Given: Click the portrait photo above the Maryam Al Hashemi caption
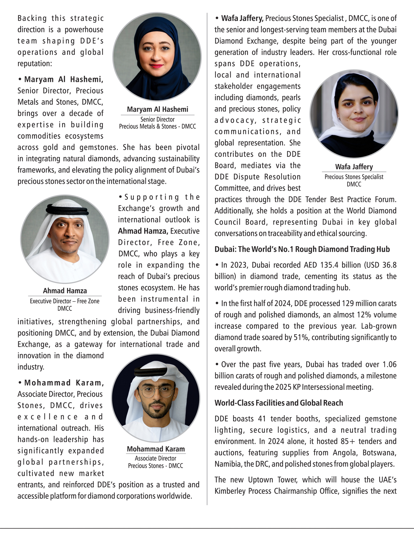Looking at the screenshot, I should coord(157,56).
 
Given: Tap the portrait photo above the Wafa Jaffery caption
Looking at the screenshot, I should coord(354,114).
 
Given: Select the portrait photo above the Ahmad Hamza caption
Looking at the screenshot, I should coord(65,239).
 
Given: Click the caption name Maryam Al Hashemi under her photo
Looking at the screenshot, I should coord(157,109).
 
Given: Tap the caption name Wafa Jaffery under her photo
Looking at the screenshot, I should coord(354,167).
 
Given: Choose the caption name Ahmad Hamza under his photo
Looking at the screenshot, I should coord(65,291).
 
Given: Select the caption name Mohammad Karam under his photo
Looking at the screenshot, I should coord(156,449).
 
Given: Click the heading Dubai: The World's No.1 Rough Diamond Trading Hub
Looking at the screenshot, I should coord(302,249).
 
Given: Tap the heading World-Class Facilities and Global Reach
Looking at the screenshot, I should coord(279,403).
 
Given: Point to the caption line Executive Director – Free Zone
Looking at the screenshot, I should coord(65,301).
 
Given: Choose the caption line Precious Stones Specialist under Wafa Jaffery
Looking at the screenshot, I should coord(354,177).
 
